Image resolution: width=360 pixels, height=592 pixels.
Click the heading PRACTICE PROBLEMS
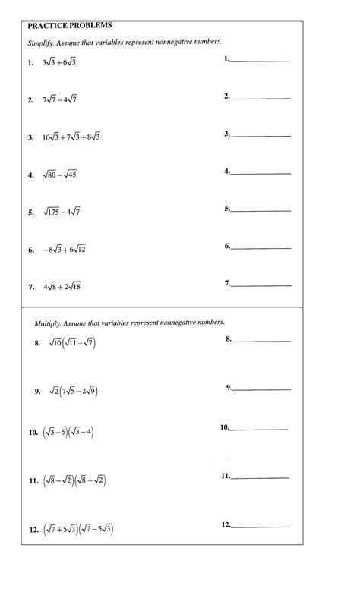[69, 25]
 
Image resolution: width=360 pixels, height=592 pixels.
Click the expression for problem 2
[61, 99]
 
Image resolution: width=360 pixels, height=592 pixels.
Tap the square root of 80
[49, 175]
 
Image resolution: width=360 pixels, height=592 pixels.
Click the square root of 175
[52, 212]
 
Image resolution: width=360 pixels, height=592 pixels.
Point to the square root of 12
[79, 249]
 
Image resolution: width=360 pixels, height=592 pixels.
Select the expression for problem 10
[68, 433]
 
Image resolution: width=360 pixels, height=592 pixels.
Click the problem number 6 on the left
[31, 250]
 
